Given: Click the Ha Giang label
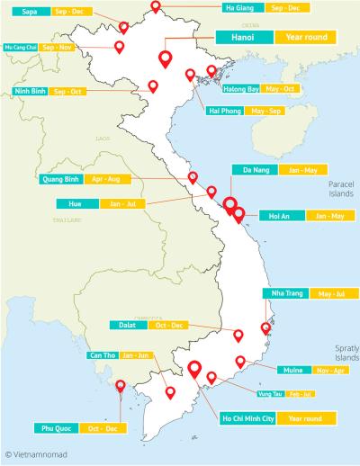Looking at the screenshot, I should point(238,7).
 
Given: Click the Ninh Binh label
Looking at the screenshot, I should point(25,92).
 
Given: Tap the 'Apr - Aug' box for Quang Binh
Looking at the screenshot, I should point(112,179).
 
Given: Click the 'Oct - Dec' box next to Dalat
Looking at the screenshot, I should point(169,325).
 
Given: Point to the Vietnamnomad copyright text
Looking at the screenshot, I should point(37,455).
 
